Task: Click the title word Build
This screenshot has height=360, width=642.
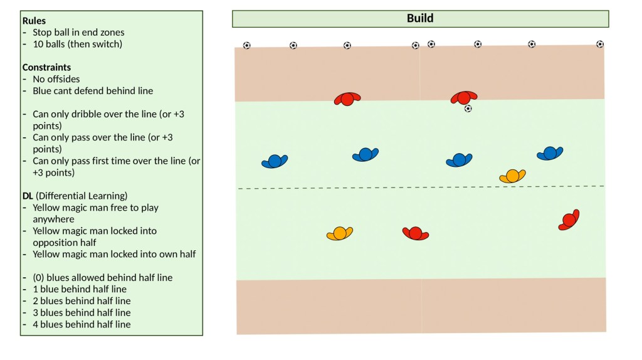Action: [x=420, y=18]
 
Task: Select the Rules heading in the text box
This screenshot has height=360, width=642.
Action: [x=34, y=21]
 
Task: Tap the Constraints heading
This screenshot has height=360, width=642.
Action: [x=46, y=67]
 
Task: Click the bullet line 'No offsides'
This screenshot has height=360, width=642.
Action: [x=56, y=79]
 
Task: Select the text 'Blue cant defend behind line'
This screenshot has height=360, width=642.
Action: [x=93, y=90]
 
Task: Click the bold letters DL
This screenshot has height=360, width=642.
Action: [x=28, y=196]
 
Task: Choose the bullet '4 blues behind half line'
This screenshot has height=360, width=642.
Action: [x=82, y=324]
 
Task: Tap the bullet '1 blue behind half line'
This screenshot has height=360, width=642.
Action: [x=80, y=289]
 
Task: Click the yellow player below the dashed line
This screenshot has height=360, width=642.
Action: [x=339, y=234]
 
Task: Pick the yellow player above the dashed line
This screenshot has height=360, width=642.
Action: [x=512, y=176]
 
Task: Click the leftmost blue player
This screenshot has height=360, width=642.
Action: [x=274, y=161]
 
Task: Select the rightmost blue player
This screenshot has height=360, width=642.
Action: [x=549, y=153]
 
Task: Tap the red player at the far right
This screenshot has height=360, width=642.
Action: [x=569, y=220]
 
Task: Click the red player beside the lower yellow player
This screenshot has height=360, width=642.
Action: [x=415, y=233]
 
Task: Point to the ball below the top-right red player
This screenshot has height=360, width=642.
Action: [x=468, y=109]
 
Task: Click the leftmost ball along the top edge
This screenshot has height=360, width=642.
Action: [x=246, y=45]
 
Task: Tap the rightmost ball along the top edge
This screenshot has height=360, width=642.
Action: [x=600, y=44]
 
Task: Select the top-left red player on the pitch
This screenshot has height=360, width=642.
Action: [x=347, y=99]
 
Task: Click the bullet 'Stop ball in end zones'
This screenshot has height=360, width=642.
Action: [x=78, y=32]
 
